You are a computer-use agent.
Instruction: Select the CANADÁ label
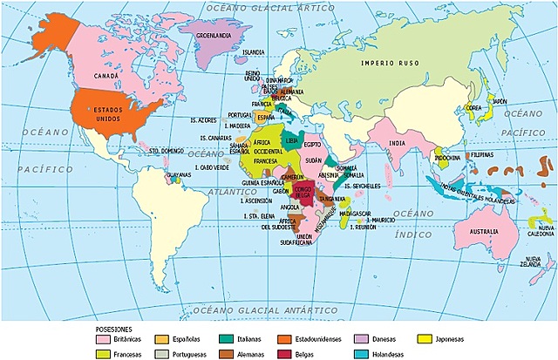point(105,76)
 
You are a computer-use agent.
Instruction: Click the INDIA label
point(398,144)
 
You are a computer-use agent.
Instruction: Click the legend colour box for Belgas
point(284,354)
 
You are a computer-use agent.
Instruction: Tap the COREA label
point(473,109)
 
